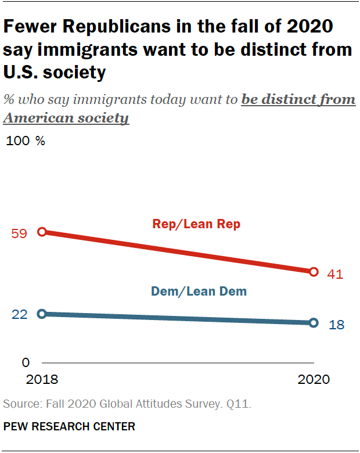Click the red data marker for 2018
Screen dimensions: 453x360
coord(42,232)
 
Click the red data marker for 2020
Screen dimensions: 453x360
coord(314,271)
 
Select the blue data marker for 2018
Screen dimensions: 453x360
coord(42,314)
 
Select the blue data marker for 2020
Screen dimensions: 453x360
coord(314,322)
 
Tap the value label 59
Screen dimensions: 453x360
coord(20,233)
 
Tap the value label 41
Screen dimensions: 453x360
coord(336,274)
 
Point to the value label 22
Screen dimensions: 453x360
coord(20,314)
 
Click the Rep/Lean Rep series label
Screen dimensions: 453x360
coord(196,224)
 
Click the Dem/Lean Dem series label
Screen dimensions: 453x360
coord(199,292)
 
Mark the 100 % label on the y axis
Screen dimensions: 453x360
coord(26,141)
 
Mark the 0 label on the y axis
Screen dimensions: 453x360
coord(26,363)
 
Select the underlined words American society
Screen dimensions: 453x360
coord(66,118)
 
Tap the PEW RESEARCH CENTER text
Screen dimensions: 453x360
coord(69,427)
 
